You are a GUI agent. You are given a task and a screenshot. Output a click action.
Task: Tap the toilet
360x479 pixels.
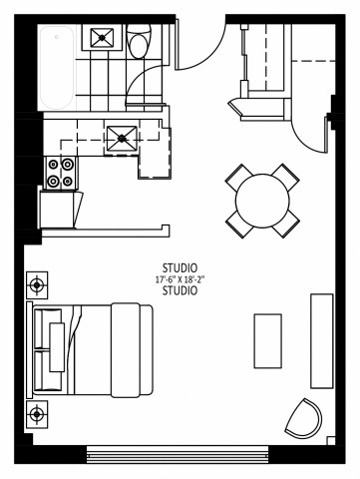(139, 42)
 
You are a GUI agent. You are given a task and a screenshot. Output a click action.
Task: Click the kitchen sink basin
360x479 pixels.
(122, 137)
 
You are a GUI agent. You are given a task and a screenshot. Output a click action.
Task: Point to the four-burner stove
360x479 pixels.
(60, 172)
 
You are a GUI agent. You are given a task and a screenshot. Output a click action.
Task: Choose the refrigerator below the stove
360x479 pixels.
(58, 208)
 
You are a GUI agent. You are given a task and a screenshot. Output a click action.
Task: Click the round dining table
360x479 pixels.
(263, 198)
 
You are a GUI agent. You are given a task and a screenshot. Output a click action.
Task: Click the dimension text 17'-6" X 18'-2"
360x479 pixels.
(180, 280)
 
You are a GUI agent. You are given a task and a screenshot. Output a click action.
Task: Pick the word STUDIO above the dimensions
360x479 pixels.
(180, 268)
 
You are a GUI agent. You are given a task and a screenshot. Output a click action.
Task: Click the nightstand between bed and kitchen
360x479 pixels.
(38, 285)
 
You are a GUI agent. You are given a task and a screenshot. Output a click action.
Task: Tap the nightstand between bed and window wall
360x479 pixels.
(38, 413)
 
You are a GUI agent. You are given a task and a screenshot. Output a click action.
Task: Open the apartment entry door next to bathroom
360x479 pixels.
(199, 45)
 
